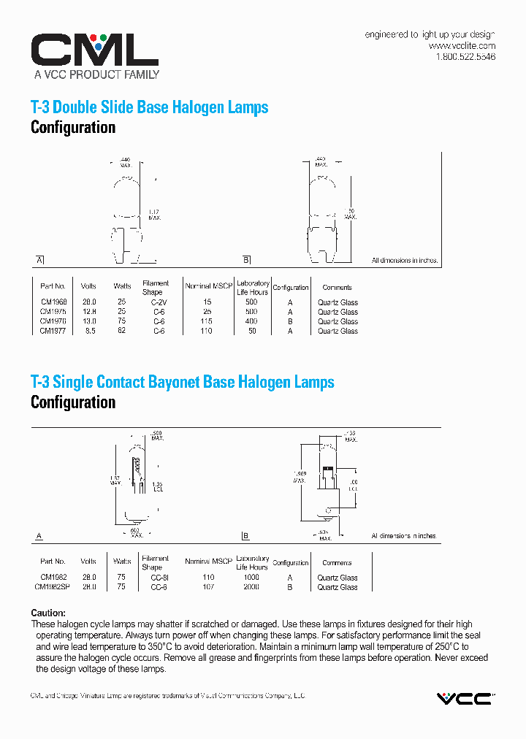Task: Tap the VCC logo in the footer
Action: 465,699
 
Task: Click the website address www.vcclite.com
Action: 462,45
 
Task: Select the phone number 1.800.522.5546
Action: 465,56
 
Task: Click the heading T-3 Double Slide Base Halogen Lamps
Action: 149,107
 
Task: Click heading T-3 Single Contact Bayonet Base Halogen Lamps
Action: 182,382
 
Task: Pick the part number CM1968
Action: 53,302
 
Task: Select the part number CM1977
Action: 53,331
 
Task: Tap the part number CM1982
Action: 53,578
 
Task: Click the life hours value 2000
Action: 251,587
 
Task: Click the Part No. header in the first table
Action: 53,287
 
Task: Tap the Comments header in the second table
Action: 337,563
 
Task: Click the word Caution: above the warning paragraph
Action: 48,613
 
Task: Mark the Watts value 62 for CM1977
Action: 122,331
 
